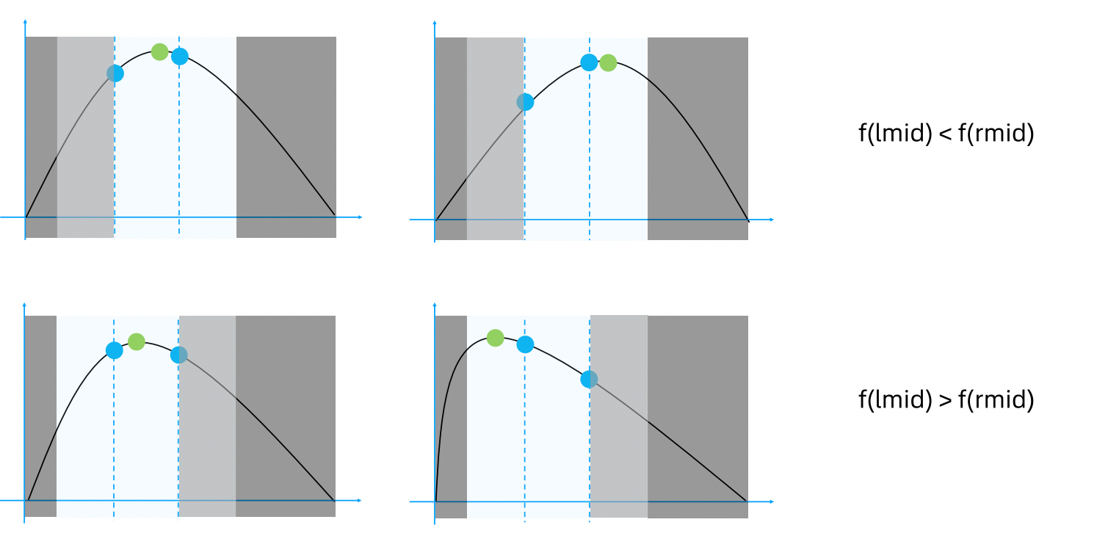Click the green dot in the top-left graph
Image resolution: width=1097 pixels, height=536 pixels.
(159, 52)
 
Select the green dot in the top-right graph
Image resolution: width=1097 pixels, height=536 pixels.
(608, 62)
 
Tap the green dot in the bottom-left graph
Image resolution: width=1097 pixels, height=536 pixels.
(136, 341)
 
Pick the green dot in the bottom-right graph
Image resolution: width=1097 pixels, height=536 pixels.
(495, 338)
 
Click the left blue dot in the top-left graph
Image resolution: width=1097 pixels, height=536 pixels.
(115, 73)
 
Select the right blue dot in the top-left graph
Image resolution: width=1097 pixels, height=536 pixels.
(180, 57)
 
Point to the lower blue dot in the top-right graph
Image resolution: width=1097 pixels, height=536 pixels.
(525, 102)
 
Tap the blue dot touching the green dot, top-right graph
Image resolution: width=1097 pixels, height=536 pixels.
(589, 62)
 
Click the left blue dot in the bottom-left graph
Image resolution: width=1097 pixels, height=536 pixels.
(114, 350)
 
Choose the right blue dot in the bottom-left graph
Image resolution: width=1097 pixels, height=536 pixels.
(178, 355)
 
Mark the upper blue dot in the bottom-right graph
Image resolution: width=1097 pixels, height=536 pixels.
(525, 344)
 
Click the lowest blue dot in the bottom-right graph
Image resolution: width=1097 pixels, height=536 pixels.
(589, 380)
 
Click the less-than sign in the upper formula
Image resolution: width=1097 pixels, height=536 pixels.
(945, 134)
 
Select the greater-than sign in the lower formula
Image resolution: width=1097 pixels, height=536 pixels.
(945, 400)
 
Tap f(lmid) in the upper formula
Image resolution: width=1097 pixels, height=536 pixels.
(895, 134)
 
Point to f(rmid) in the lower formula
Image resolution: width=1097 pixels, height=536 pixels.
(996, 400)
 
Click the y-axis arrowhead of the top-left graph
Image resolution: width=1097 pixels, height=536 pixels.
(25, 21)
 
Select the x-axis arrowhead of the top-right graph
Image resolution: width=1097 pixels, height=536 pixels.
(771, 220)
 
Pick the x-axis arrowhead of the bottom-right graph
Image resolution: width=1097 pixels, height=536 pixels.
(771, 501)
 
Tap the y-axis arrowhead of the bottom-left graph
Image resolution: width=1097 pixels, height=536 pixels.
(24, 305)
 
